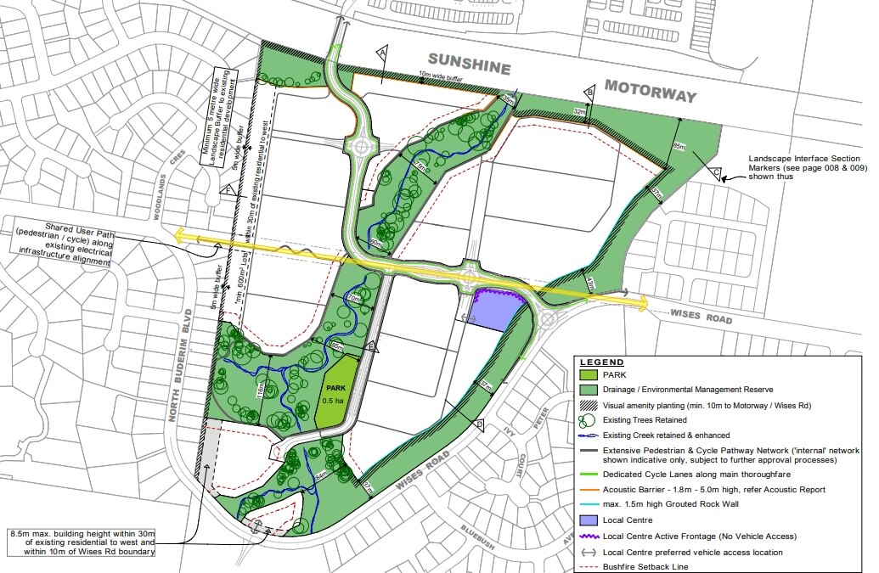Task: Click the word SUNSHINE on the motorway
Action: pyautogui.click(x=469, y=64)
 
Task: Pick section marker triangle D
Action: pyautogui.click(x=479, y=424)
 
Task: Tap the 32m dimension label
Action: pyautogui.click(x=580, y=111)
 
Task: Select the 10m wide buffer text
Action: pyautogui.click(x=440, y=76)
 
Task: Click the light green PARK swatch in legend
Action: pyautogui.click(x=588, y=374)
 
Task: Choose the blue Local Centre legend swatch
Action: pyautogui.click(x=588, y=520)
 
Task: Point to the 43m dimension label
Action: pyautogui.click(x=592, y=284)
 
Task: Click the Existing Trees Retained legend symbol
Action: pyautogui.click(x=588, y=419)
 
